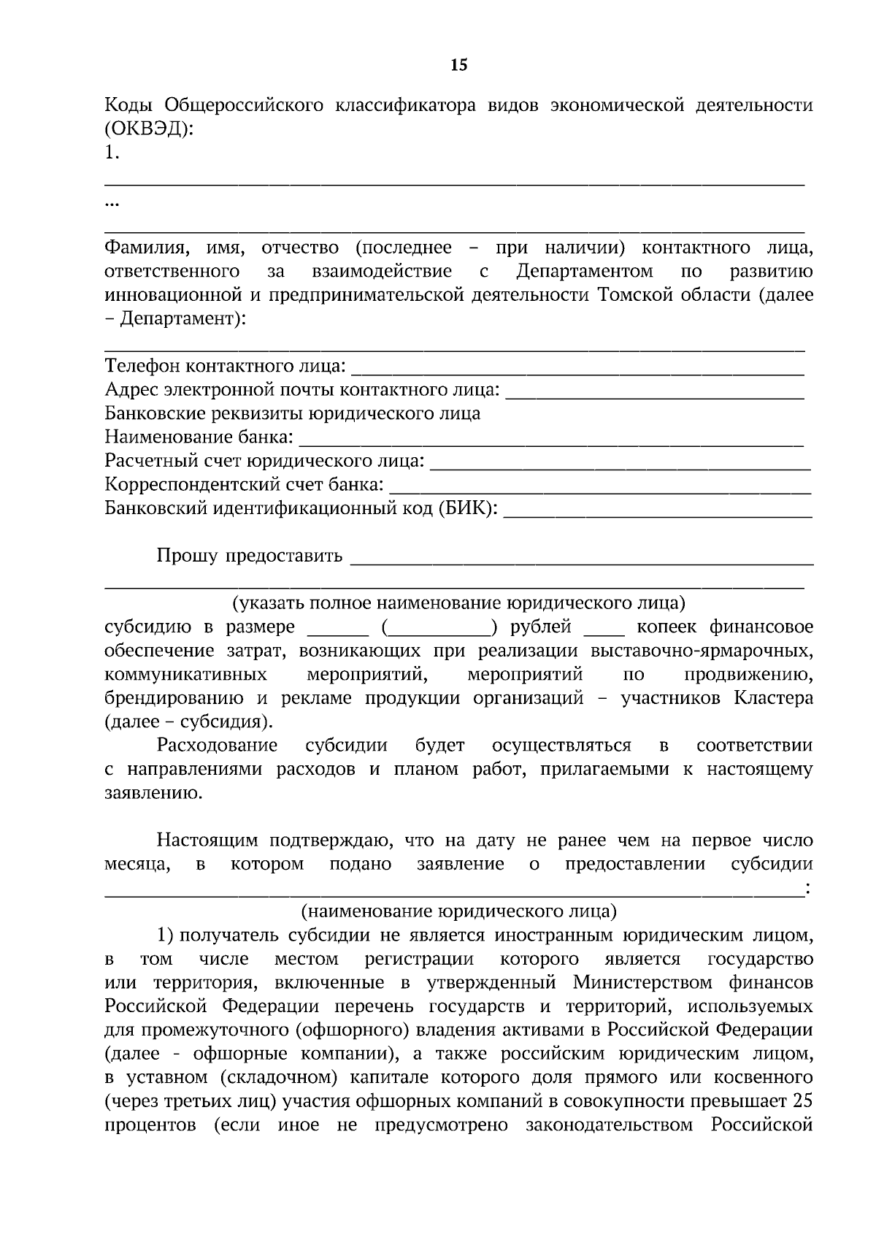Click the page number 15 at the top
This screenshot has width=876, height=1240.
pos(458,66)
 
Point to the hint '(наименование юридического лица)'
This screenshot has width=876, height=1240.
pos(458,911)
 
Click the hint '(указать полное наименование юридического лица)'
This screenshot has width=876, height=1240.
pos(458,603)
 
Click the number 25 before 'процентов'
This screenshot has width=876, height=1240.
pos(802,1101)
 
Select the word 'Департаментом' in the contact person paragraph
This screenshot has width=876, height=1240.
pos(585,272)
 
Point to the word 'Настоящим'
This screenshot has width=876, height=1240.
pos(206,840)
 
